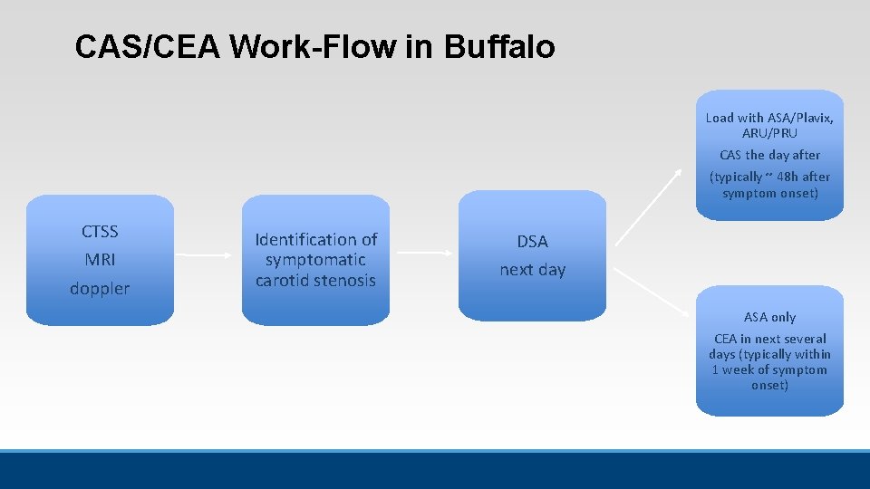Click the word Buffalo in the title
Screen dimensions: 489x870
[499, 47]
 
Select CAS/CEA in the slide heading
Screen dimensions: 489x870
[148, 47]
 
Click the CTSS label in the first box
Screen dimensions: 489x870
[100, 232]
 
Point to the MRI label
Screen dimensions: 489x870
[100, 260]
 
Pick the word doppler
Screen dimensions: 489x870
[100, 289]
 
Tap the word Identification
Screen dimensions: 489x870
[316, 240]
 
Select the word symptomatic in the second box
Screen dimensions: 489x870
[315, 260]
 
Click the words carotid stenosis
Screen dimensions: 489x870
[315, 281]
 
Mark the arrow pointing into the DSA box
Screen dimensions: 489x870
[424, 254]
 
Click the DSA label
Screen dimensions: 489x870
[532, 242]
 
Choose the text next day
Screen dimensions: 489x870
[532, 270]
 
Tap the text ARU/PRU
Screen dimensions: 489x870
[769, 133]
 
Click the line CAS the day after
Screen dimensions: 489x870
[769, 155]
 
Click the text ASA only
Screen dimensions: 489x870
[769, 317]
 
